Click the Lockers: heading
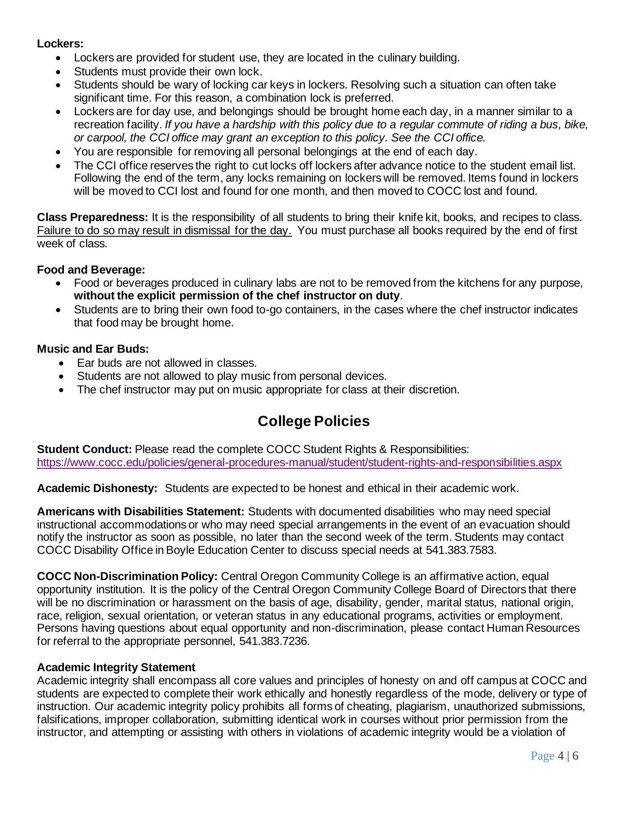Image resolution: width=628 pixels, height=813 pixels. (60, 44)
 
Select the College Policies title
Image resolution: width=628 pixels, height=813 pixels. (314, 421)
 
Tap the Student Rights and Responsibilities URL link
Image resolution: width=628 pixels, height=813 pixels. (299, 462)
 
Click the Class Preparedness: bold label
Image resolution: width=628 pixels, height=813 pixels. (92, 217)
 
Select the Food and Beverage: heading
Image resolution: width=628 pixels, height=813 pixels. (91, 270)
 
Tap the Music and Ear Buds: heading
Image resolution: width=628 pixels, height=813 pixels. (93, 349)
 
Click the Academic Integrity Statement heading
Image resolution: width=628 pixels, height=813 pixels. (116, 667)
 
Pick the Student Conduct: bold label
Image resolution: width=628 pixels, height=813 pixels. (85, 449)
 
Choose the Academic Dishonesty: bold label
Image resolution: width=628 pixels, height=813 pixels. (97, 488)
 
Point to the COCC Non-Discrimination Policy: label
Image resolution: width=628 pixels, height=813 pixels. (127, 576)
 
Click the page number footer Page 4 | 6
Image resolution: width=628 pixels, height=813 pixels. (554, 756)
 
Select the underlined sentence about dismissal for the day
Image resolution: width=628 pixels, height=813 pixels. (164, 231)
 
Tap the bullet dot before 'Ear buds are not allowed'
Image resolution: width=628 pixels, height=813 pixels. (63, 363)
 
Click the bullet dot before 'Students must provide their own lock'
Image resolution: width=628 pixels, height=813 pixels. (60, 72)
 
